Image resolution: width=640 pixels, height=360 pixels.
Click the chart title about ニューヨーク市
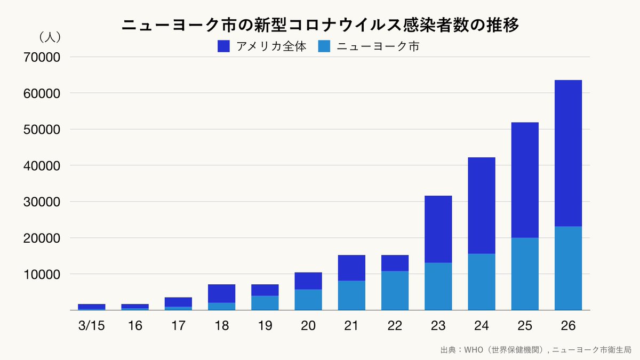tap(320, 25)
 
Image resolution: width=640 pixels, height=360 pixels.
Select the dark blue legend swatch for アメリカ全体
tap(223, 46)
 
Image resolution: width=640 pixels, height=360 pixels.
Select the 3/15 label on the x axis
tap(92, 326)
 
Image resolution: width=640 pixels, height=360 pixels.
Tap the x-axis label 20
tap(308, 326)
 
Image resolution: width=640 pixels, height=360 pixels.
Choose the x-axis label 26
tap(568, 326)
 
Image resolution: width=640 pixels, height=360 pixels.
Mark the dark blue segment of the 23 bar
tap(438, 229)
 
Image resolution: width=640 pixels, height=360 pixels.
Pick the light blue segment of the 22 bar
tap(395, 291)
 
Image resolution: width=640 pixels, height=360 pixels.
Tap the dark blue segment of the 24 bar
tap(482, 205)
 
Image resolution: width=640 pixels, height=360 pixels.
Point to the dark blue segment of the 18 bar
tap(222, 293)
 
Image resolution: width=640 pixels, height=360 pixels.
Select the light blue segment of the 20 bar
tap(308, 300)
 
